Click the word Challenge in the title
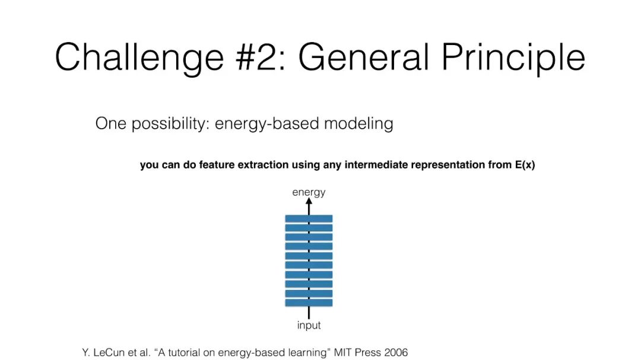click(x=139, y=58)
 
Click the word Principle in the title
click(x=513, y=58)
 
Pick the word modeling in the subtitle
click(x=358, y=123)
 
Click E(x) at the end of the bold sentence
click(x=525, y=165)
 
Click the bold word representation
click(x=448, y=165)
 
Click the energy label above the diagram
click(x=309, y=193)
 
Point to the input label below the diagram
click(x=309, y=325)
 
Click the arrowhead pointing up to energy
click(x=309, y=201)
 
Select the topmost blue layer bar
click(x=309, y=219)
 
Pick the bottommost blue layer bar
click(x=309, y=303)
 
